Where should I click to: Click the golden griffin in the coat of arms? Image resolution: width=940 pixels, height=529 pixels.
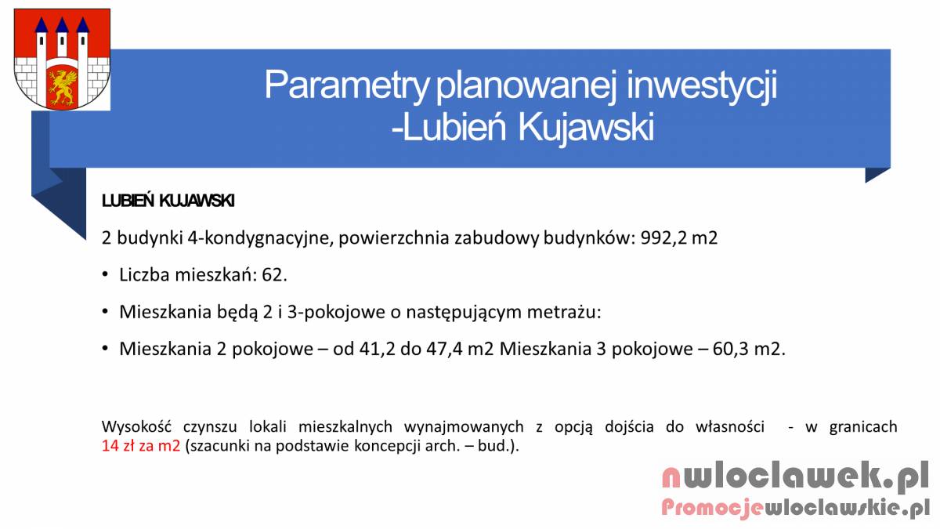pos(63,87)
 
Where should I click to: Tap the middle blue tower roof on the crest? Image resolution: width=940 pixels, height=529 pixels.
pos(62,25)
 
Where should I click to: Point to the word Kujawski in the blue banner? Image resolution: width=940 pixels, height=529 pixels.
pos(586,127)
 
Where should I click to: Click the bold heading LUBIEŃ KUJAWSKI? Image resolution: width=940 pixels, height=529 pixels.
pos(168,201)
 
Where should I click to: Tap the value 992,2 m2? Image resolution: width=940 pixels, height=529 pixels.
pos(679,237)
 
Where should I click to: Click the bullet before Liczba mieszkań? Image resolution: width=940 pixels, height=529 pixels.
pos(105,275)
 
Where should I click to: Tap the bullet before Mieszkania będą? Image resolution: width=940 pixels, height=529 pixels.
pos(105,312)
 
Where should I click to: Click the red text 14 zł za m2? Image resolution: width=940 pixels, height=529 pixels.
pos(141,446)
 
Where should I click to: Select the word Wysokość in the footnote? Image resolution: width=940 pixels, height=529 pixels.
pos(136,427)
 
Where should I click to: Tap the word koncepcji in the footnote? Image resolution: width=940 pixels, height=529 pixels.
pos(387,446)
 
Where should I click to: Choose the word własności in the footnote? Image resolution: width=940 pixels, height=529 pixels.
pos(730,427)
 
